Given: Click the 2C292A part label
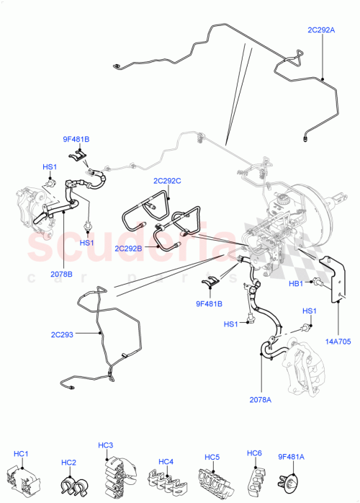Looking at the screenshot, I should (x=321, y=30).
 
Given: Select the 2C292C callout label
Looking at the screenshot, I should (x=168, y=181).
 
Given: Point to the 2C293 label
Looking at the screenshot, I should (x=64, y=334).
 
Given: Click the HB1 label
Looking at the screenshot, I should (x=295, y=283).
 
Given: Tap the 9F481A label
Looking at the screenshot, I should (x=291, y=456).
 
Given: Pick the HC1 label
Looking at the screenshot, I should (x=21, y=453).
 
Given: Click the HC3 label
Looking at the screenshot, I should (x=107, y=445).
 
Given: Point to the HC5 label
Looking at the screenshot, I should (x=211, y=455).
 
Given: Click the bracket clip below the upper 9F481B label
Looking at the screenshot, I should (x=81, y=154).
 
